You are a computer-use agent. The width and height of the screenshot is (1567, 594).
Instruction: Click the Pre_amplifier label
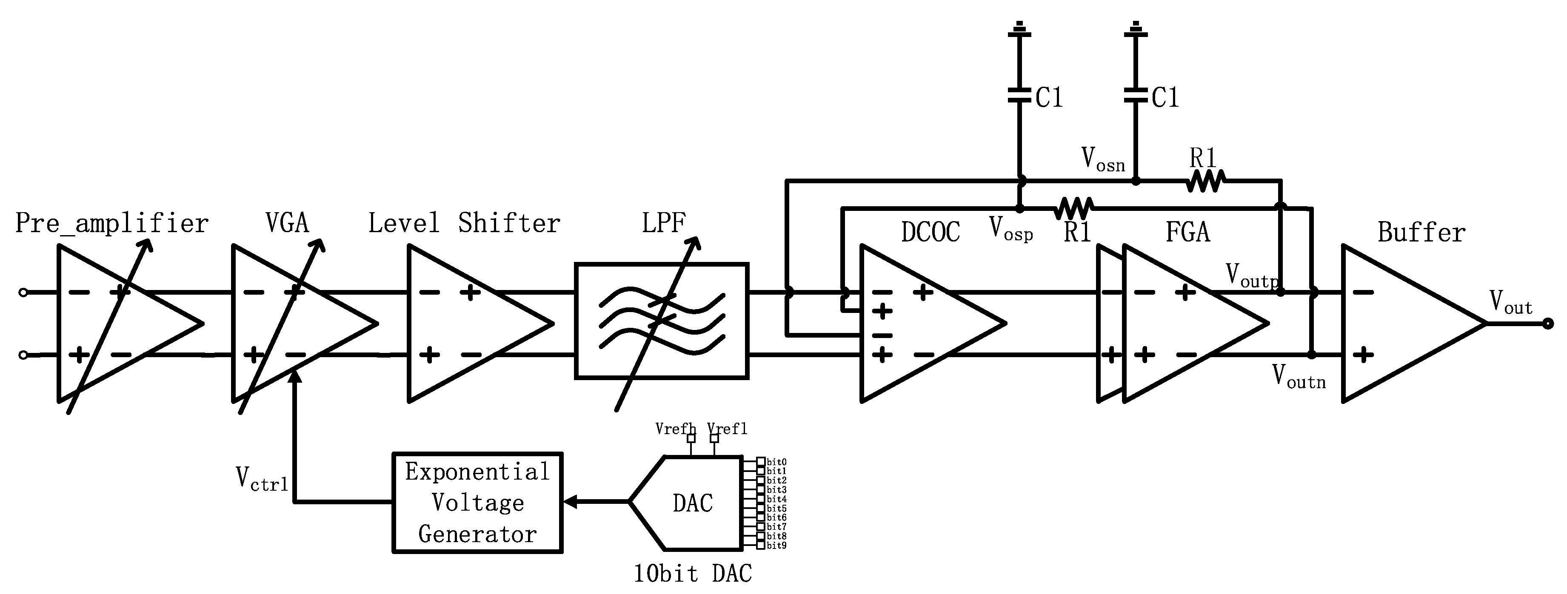tap(112, 224)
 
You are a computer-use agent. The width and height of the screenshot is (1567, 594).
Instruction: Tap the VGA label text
tap(287, 223)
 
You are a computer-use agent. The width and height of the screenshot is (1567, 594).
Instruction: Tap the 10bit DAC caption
tap(692, 573)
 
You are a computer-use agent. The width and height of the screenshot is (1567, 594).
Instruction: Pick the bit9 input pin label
tap(776, 546)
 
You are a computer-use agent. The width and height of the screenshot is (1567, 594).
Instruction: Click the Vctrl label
tap(262, 479)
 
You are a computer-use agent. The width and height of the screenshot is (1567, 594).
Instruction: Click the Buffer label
tap(1421, 232)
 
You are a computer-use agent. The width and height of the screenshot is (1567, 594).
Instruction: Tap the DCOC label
tap(930, 232)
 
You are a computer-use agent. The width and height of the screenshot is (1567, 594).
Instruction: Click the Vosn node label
tap(1103, 160)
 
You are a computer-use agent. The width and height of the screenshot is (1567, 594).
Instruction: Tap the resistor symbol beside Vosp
tap(1073, 208)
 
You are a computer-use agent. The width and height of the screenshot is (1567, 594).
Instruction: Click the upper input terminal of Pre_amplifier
tap(23, 293)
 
